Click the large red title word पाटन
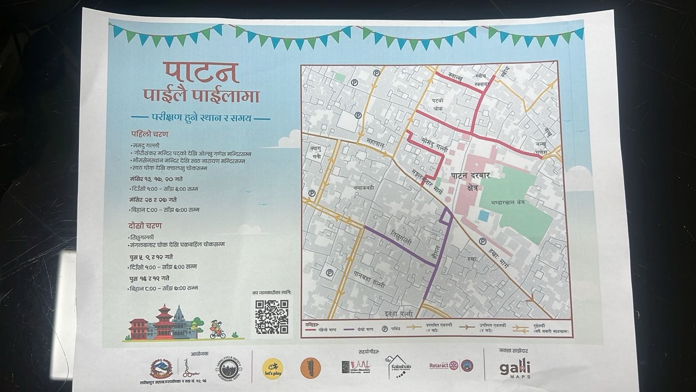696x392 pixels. [201, 73]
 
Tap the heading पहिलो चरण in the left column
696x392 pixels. [150, 134]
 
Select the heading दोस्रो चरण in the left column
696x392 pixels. [145, 226]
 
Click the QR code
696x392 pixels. [271, 317]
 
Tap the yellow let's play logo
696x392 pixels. [273, 368]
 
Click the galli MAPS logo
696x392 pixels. [515, 369]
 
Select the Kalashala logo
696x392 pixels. [398, 366]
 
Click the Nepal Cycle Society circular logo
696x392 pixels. [228, 369]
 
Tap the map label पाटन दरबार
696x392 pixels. [470, 176]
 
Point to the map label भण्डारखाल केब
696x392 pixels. [507, 203]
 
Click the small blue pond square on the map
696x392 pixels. [483, 215]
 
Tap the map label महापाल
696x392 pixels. [375, 142]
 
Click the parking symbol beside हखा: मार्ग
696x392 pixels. [482, 241]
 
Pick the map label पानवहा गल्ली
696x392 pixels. [369, 280]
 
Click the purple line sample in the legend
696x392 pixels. [349, 329]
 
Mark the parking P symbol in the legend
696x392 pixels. [385, 329]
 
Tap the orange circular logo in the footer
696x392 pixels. [311, 368]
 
